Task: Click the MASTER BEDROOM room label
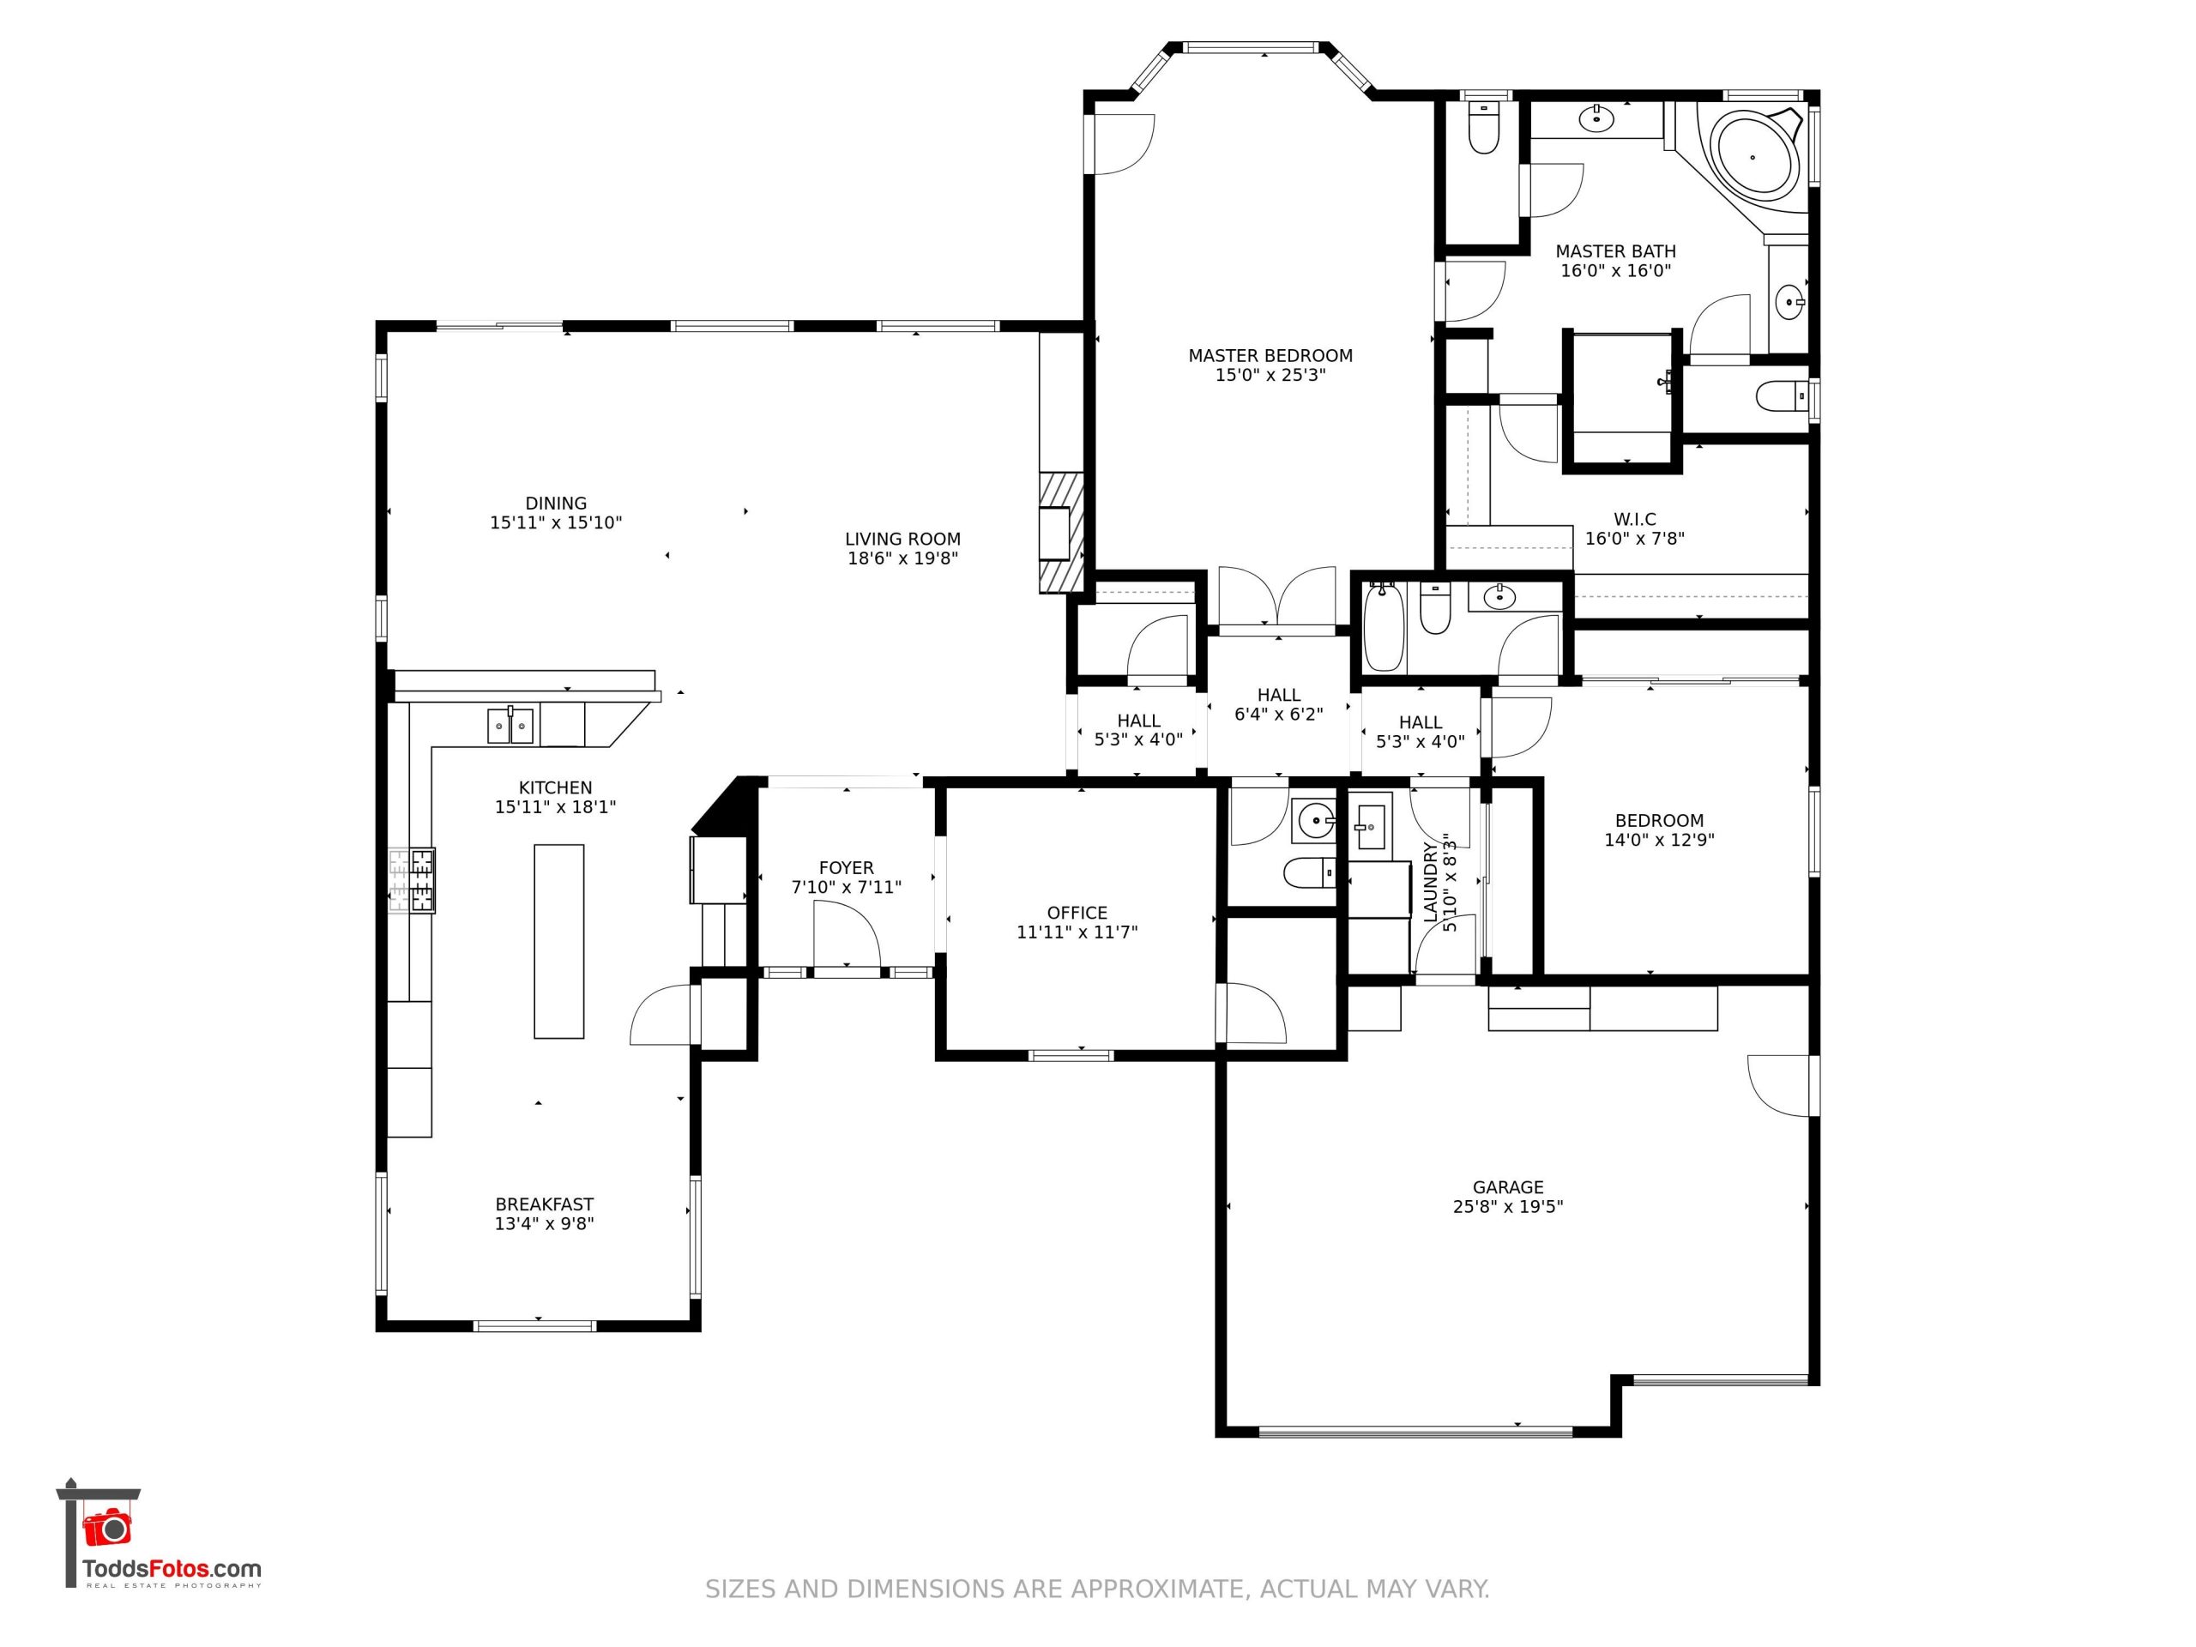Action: (1270, 355)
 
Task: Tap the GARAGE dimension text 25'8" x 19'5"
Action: (1507, 1206)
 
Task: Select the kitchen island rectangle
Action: (559, 941)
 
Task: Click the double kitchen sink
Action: (510, 726)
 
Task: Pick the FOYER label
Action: (846, 868)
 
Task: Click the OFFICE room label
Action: (1077, 913)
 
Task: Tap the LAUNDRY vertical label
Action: (1431, 883)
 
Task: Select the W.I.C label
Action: (1634, 519)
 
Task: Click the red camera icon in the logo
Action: (107, 1527)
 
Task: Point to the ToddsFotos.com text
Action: (172, 1570)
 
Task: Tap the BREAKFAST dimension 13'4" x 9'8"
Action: (544, 1223)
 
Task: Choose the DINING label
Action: (556, 504)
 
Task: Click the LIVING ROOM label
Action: (902, 539)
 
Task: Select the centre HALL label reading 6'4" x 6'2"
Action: (1279, 714)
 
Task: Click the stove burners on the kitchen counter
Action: (412, 879)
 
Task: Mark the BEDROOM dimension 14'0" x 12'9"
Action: (1659, 840)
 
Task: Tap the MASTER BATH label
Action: (1615, 251)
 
